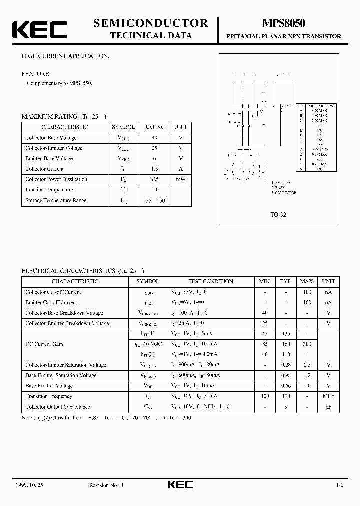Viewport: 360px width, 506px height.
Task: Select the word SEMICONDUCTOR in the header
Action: [150, 23]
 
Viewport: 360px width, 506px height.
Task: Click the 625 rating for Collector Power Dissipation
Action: [154, 179]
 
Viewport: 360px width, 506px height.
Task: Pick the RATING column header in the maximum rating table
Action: [154, 127]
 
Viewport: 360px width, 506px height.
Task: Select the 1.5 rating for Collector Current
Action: [154, 169]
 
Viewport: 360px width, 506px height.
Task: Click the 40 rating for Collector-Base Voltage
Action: [154, 138]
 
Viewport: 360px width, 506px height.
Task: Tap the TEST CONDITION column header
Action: [210, 281]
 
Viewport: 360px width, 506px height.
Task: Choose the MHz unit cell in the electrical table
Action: [329, 396]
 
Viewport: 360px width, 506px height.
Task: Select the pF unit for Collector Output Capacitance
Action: [329, 407]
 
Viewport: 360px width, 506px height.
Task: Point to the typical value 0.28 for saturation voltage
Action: [286, 365]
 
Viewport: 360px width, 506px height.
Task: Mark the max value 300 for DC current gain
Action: [307, 344]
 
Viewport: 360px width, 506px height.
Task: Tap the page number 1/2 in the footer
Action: [339, 485]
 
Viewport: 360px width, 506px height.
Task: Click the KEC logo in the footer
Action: [179, 484]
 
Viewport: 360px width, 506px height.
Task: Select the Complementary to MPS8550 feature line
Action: [60, 83]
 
